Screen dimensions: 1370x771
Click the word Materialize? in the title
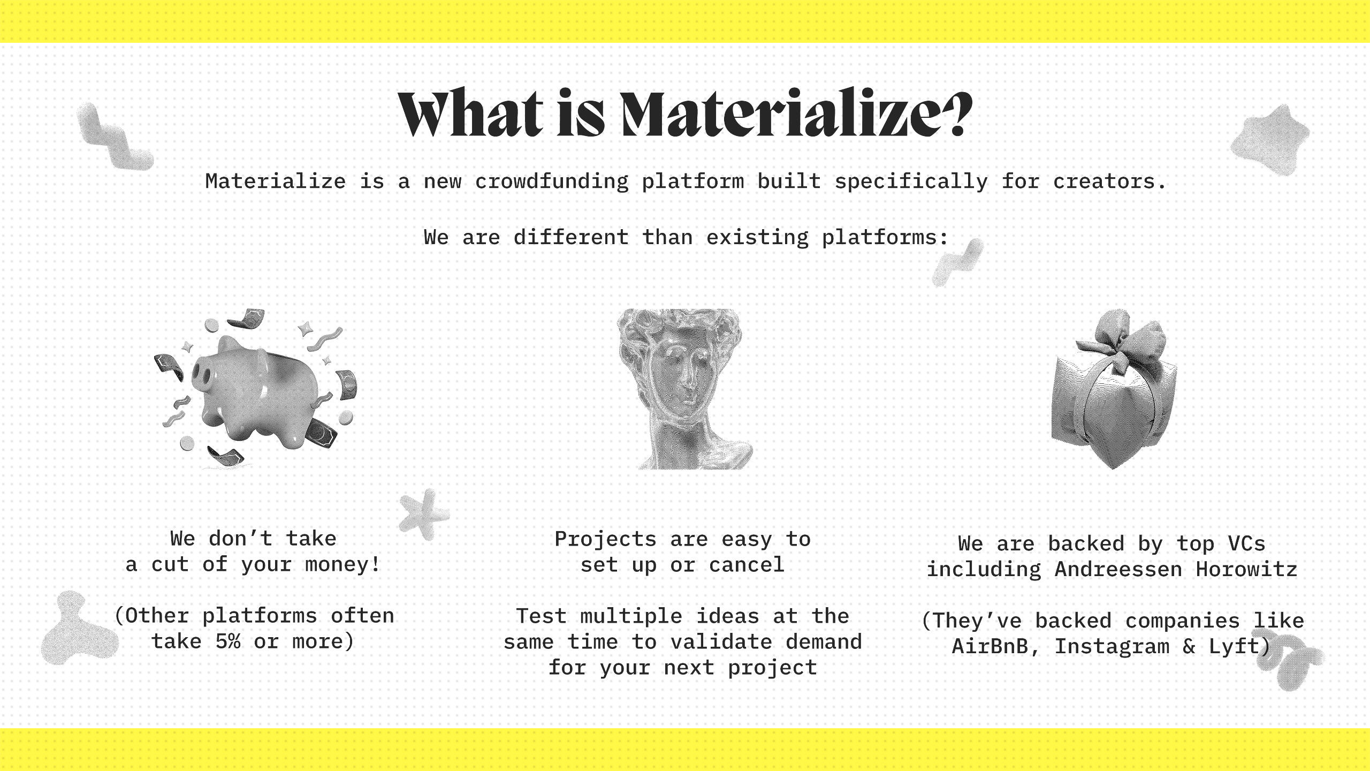click(797, 114)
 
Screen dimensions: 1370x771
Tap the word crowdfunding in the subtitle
click(552, 182)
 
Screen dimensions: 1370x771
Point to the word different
click(571, 237)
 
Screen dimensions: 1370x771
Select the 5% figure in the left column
click(228, 641)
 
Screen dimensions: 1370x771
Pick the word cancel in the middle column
click(747, 565)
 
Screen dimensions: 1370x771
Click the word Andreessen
click(1118, 569)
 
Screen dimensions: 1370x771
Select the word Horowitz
click(1247, 569)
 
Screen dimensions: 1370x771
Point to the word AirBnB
click(990, 646)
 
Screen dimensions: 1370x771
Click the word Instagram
click(1112, 647)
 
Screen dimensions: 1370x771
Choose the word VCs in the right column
click(1247, 543)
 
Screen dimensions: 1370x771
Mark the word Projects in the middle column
click(605, 539)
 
